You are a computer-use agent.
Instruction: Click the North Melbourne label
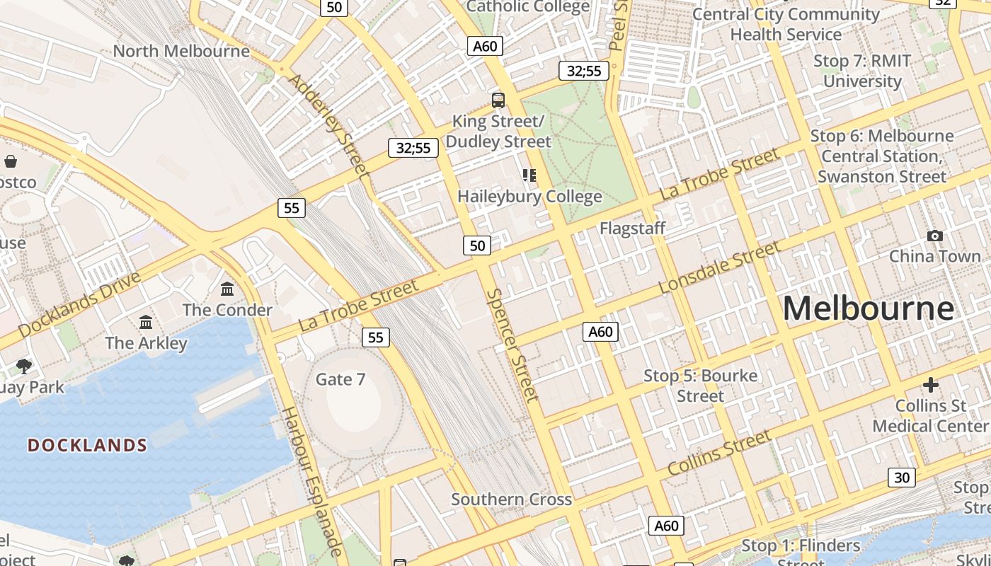(181, 51)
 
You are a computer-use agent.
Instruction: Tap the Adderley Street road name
(329, 125)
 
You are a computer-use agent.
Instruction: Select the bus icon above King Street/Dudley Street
(498, 100)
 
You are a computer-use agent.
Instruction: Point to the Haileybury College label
(529, 196)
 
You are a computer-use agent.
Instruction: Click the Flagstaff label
(632, 228)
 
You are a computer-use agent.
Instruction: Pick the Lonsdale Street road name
(719, 267)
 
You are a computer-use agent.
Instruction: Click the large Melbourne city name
(868, 308)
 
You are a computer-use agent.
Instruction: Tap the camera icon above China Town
(934, 236)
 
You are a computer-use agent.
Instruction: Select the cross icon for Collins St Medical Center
(930, 385)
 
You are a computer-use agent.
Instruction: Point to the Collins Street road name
(719, 453)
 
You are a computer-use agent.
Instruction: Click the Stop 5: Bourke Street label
(700, 386)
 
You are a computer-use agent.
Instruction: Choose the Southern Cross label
(511, 499)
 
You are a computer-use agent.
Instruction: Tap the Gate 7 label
(340, 379)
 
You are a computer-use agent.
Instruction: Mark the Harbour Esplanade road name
(312, 482)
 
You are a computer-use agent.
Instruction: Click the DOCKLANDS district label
(87, 445)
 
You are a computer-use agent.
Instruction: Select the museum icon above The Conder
(227, 289)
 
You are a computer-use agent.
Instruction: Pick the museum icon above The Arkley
(146, 322)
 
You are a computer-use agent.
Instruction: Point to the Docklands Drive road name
(79, 304)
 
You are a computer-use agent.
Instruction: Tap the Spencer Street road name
(512, 345)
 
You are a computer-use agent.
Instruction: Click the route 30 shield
(901, 477)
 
